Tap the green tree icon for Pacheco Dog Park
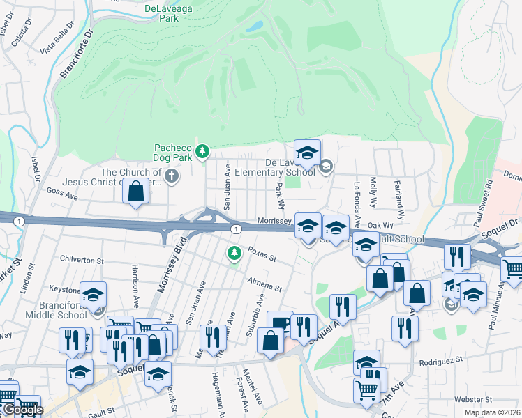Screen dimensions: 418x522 pyautogui.click(x=202, y=150)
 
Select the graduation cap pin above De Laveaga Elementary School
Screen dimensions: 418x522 pyautogui.click(x=307, y=152)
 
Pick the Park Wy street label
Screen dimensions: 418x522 pyautogui.click(x=280, y=195)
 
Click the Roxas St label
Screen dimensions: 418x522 pyautogui.click(x=262, y=256)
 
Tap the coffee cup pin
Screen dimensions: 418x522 pyautogui.click(x=280, y=323)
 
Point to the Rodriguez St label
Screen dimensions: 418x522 pyautogui.click(x=441, y=362)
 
